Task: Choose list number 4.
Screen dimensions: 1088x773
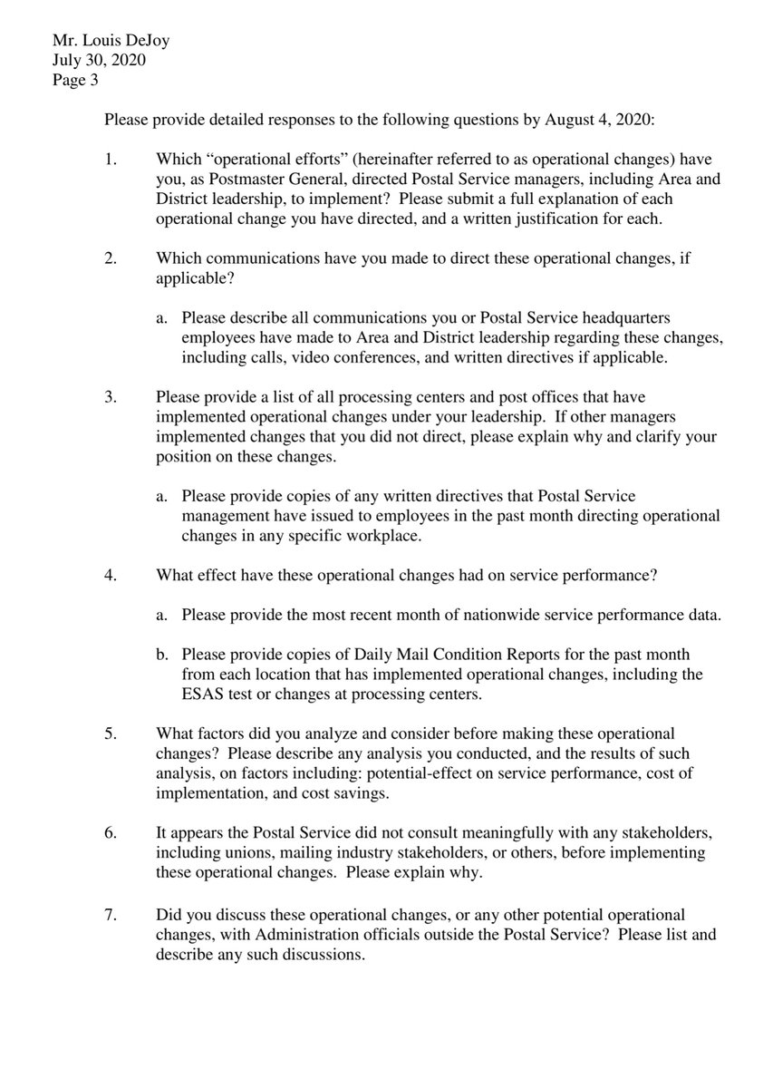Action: tap(111, 574)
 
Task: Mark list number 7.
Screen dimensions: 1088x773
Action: tap(111, 916)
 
